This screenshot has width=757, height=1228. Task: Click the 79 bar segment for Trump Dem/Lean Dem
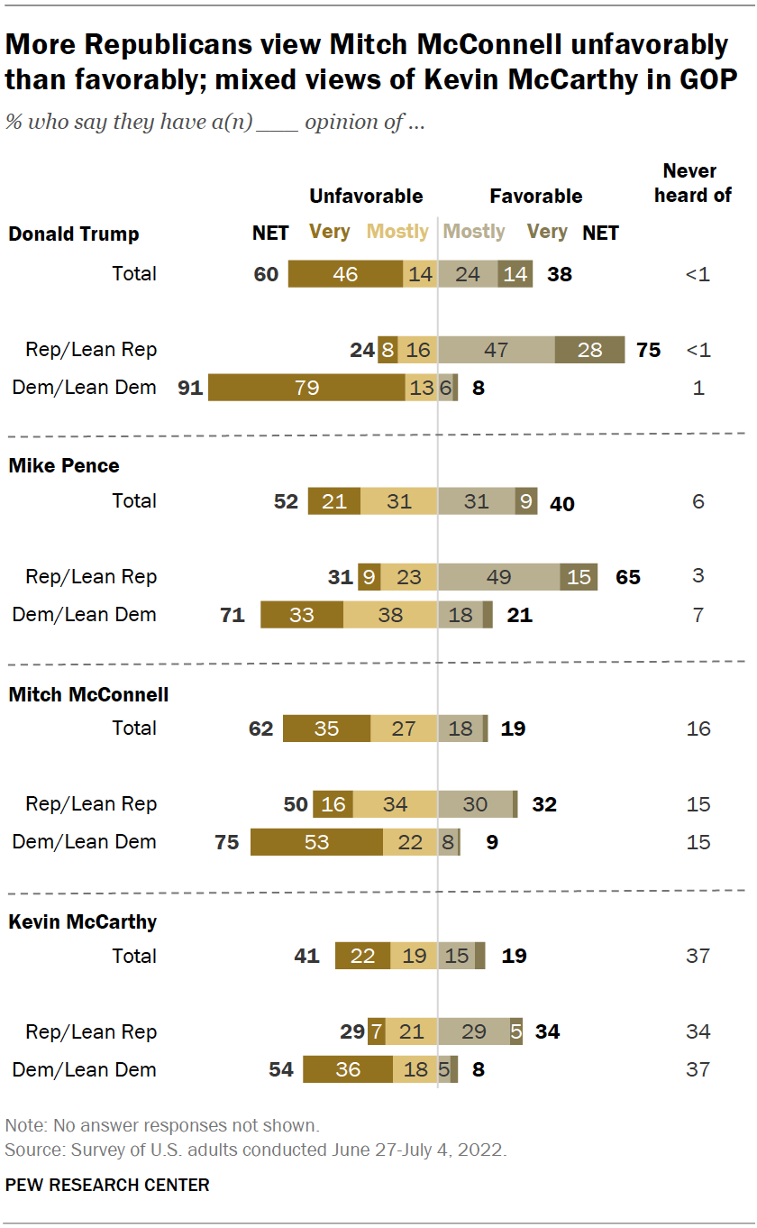[307, 388]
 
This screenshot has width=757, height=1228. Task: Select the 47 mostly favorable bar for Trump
[497, 350]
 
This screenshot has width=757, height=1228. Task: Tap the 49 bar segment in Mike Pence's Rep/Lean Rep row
[499, 577]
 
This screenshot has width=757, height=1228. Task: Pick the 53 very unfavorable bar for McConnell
[316, 842]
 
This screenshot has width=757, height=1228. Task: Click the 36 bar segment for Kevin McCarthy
[348, 1070]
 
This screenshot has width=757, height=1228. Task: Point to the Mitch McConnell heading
[88, 695]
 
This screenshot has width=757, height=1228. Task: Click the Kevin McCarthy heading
[83, 922]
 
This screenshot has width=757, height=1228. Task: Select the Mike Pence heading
[64, 466]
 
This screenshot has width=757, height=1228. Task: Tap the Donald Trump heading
[74, 234]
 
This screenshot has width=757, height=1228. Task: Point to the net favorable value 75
[648, 350]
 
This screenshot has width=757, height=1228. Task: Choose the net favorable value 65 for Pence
[628, 577]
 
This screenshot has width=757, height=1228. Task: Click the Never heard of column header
[692, 183]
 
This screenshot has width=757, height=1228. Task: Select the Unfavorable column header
[366, 197]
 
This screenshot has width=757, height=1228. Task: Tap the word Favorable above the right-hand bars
[535, 197]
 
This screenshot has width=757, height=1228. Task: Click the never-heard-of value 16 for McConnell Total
[698, 729]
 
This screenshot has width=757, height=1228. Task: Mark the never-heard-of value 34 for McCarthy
[698, 1032]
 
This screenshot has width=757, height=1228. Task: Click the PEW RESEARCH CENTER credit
[107, 1185]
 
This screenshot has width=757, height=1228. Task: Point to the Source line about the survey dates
[256, 1151]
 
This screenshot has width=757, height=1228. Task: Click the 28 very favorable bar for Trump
[589, 350]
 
